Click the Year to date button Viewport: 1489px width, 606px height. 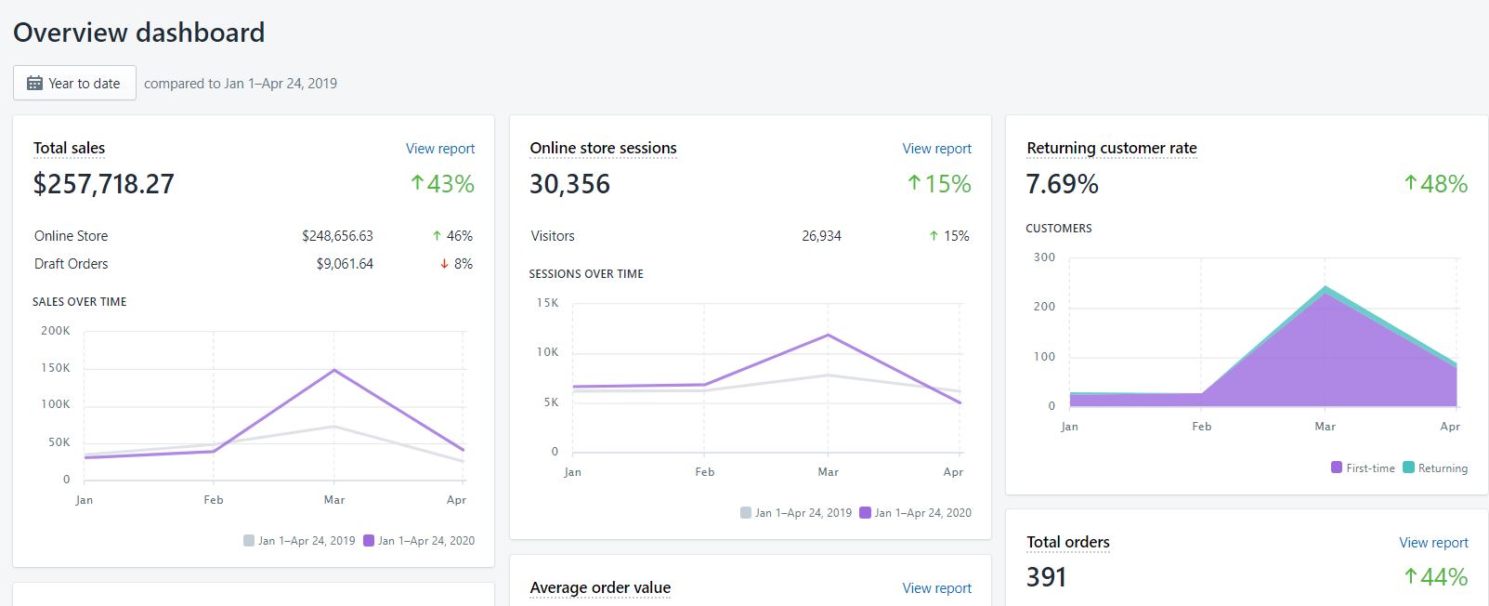pyautogui.click(x=74, y=83)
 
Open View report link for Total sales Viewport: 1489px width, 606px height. pyautogui.click(x=439, y=149)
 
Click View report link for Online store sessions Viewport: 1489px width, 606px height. pyautogui.click(x=936, y=149)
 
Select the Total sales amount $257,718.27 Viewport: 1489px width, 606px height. pyautogui.click(x=103, y=184)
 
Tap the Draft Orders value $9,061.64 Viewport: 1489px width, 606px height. pyautogui.click(x=345, y=264)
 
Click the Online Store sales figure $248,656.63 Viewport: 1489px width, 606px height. pyautogui.click(x=337, y=236)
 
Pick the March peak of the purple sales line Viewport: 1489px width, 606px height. pyautogui.click(x=334, y=371)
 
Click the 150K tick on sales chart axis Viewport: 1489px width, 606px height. pyautogui.click(x=55, y=368)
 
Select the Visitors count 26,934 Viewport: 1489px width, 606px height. pyautogui.click(x=821, y=236)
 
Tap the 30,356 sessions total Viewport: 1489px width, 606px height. pyautogui.click(x=569, y=184)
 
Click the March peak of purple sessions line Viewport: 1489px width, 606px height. pyautogui.click(x=828, y=336)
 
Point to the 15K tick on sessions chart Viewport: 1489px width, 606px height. pyautogui.click(x=547, y=303)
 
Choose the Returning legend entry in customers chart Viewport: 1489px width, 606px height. pyautogui.click(x=1435, y=468)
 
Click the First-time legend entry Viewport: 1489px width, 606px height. pyautogui.click(x=1363, y=468)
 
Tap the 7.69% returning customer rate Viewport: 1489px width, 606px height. pyautogui.click(x=1062, y=184)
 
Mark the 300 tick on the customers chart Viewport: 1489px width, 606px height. pyautogui.click(x=1044, y=257)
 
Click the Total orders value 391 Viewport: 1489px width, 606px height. pyautogui.click(x=1046, y=577)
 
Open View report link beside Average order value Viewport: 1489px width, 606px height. pyautogui.click(x=936, y=588)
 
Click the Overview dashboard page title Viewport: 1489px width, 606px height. pyautogui.click(x=138, y=33)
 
